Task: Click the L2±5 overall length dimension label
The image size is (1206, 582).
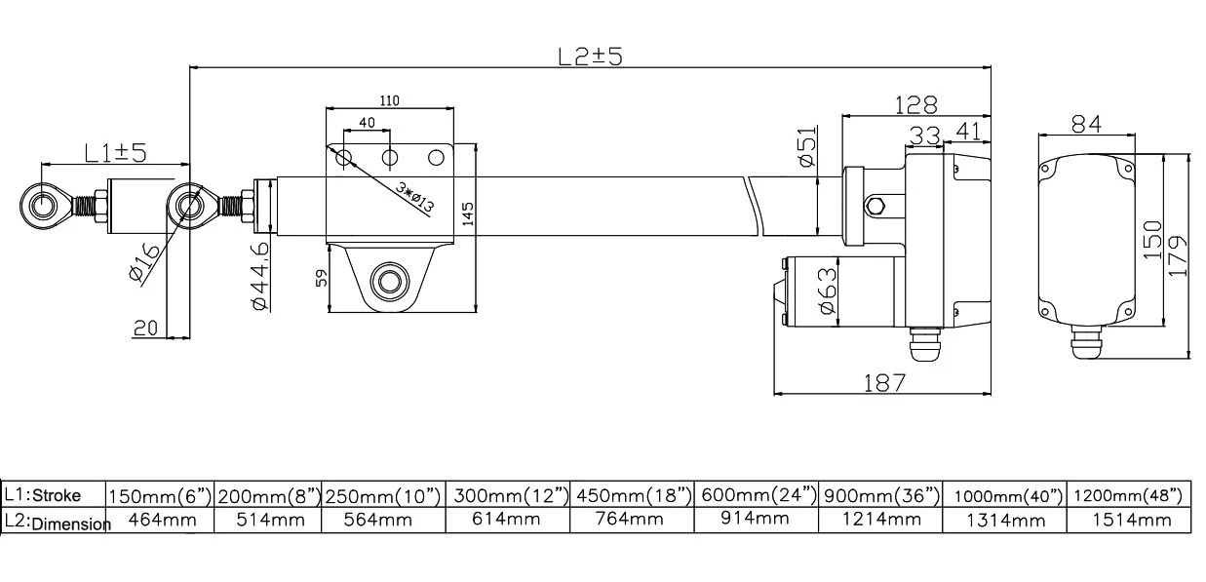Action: (590, 56)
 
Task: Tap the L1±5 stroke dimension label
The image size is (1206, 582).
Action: (114, 152)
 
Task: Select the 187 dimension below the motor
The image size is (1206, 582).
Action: (884, 382)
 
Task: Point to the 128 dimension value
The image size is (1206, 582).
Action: (915, 104)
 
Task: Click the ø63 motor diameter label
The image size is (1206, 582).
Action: (826, 291)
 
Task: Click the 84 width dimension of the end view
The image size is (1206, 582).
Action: (1086, 123)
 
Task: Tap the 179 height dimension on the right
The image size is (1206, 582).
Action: (1179, 255)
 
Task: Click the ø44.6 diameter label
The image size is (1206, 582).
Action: (260, 277)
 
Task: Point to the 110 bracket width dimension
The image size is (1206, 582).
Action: (389, 101)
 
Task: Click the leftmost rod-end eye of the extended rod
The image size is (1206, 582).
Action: (44, 205)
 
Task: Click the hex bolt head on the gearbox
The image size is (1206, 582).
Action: (875, 205)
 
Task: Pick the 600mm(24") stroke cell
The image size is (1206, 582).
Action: (759, 495)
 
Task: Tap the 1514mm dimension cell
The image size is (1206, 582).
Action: (1129, 521)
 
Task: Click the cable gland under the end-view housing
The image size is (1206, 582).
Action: (1086, 343)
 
